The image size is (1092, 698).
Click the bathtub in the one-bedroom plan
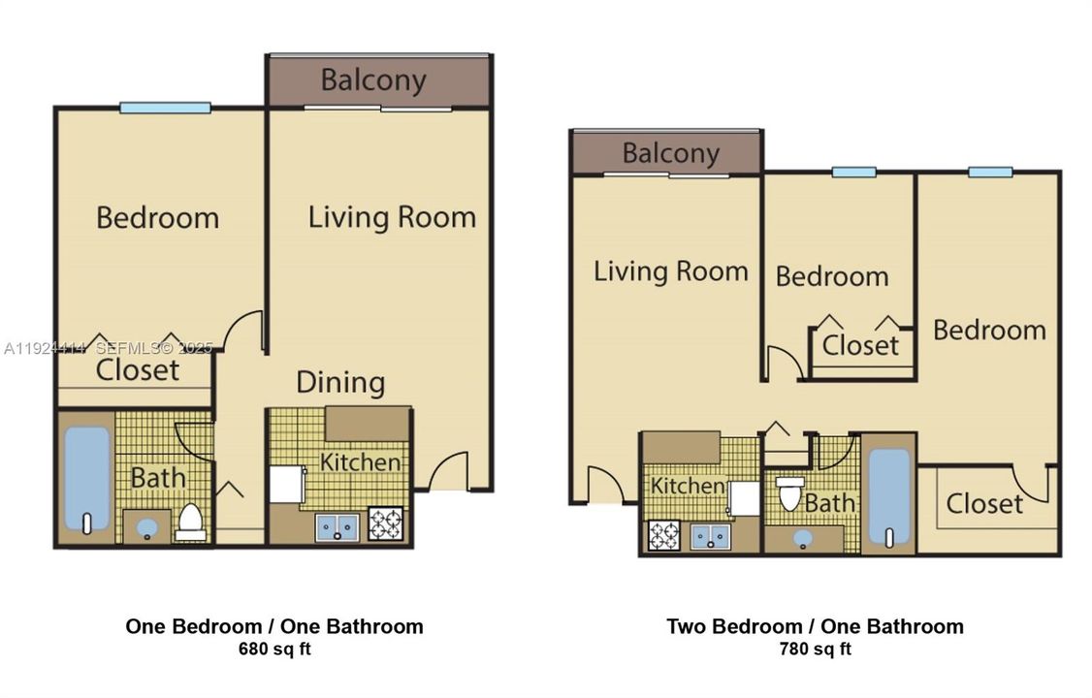click(x=86, y=479)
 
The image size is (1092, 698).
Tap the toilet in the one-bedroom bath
click(x=191, y=522)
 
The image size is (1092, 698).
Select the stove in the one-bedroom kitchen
click(x=385, y=524)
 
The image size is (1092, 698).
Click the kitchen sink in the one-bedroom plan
click(x=337, y=527)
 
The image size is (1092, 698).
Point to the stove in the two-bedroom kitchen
click(x=663, y=535)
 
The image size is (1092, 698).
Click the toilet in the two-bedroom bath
click(x=789, y=493)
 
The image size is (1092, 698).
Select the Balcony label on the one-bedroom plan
click(x=373, y=80)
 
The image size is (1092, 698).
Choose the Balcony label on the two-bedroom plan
click(x=671, y=153)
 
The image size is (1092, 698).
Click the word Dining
click(x=340, y=382)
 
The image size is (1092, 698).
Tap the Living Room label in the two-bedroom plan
click(x=671, y=270)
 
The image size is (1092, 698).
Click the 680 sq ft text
click(x=274, y=650)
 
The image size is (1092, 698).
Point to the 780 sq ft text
click(x=815, y=650)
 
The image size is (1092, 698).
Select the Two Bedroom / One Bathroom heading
click(x=815, y=626)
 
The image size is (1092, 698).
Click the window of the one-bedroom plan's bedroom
click(x=165, y=108)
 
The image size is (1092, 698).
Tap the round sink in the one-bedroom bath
click(x=146, y=528)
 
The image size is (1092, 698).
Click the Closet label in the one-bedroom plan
click(x=138, y=369)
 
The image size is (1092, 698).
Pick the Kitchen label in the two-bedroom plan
click(x=688, y=485)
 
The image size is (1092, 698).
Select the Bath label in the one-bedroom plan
click(x=157, y=477)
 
